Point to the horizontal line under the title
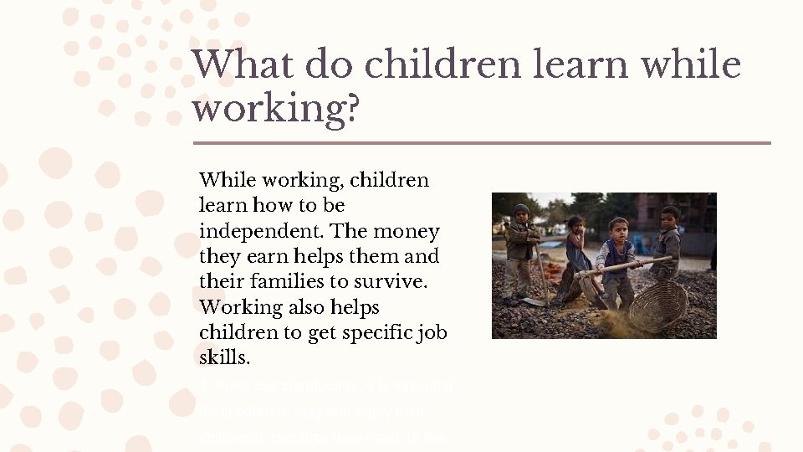tap(481, 143)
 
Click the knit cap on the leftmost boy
tap(521, 209)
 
